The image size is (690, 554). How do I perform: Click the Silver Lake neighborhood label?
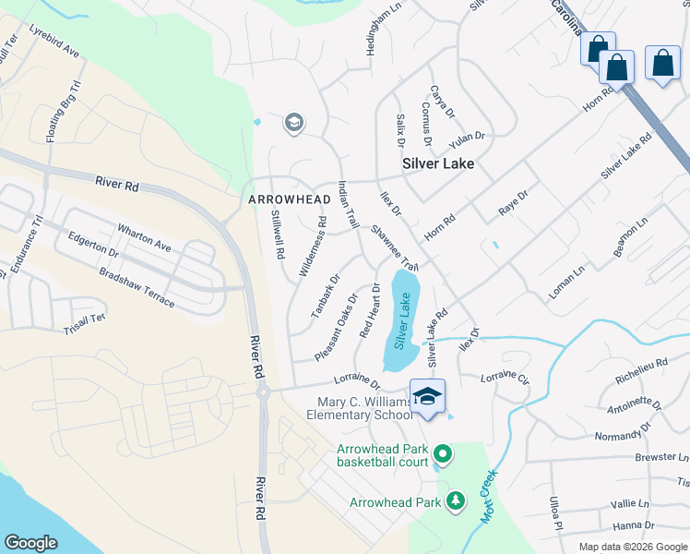click(438, 163)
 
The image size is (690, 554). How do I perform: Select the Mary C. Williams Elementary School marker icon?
click(427, 397)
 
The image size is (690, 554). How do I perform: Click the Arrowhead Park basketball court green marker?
click(443, 453)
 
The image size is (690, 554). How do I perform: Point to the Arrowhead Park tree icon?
click(454, 500)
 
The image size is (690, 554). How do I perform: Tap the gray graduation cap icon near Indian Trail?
click(294, 123)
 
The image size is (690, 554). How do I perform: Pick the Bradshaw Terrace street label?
click(137, 289)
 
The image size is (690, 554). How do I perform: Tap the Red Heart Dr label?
click(370, 309)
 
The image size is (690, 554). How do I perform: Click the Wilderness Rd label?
click(313, 247)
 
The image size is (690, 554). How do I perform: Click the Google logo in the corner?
click(30, 542)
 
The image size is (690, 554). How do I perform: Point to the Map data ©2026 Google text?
click(632, 547)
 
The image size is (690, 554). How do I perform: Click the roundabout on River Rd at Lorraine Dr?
click(262, 391)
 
